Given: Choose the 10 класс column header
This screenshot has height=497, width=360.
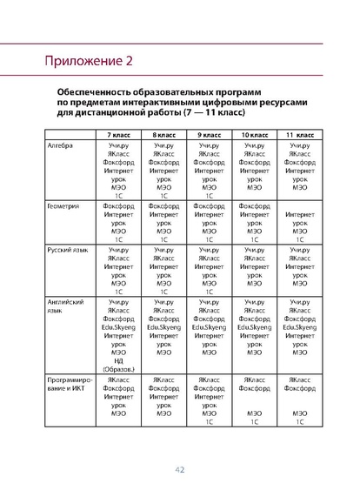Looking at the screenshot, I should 254,138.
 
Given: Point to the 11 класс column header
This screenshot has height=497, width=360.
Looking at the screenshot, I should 300,138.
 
